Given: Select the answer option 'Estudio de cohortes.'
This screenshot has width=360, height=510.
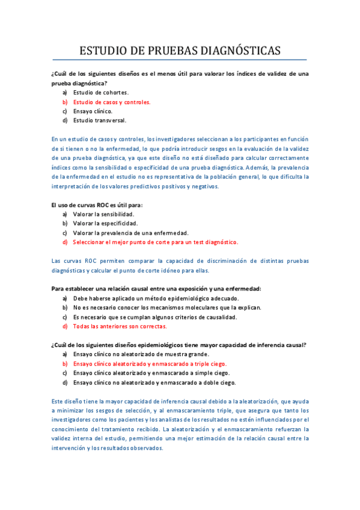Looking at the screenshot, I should coord(100,93).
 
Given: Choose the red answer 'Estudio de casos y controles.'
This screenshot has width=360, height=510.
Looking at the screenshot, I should coord(111,102).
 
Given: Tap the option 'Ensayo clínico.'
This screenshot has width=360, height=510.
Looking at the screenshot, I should coord(93,111).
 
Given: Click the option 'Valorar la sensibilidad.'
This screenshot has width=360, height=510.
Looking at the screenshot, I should coord(103,214).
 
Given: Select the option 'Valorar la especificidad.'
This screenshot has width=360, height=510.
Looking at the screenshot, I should coord(105,223).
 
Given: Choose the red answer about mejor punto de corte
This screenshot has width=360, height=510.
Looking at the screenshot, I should coord(155,242).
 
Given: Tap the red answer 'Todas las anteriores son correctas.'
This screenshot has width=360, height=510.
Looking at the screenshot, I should coord(120,326).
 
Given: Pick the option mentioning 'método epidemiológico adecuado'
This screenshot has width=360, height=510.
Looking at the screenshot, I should coord(156,298).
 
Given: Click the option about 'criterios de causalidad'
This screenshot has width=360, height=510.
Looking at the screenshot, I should coord(154,317).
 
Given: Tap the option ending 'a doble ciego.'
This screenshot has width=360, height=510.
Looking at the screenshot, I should coord(154,382).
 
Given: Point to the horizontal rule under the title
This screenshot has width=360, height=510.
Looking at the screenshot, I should coord(180,60).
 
